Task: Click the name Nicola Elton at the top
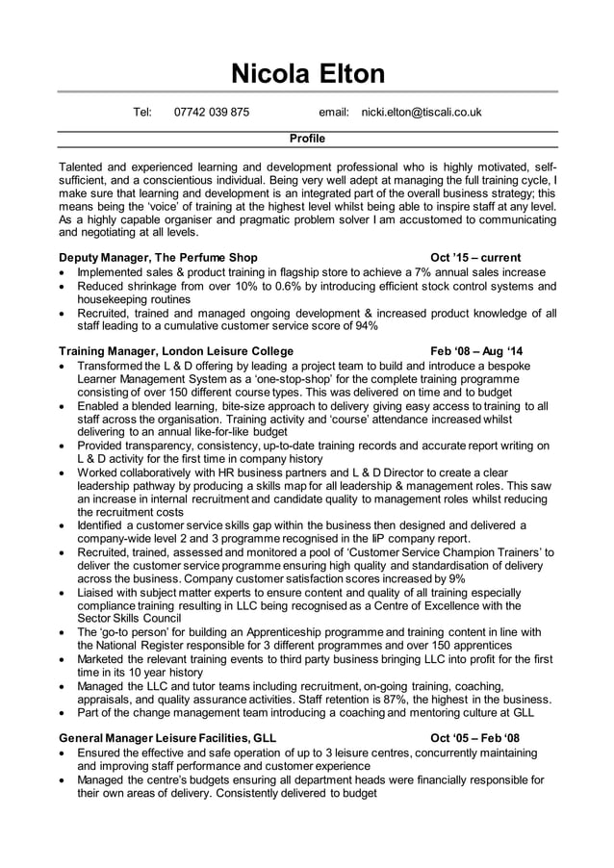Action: pos(307,73)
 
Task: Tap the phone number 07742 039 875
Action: pos(211,113)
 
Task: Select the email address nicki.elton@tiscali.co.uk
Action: pos(421,113)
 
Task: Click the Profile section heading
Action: pos(307,139)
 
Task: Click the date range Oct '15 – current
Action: pos(476,258)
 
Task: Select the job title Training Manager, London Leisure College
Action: pos(176,351)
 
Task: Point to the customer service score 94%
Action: pos(366,326)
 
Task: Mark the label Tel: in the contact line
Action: pos(142,113)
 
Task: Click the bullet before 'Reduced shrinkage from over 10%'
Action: pos(64,287)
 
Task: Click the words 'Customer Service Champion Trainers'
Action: pos(444,551)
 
